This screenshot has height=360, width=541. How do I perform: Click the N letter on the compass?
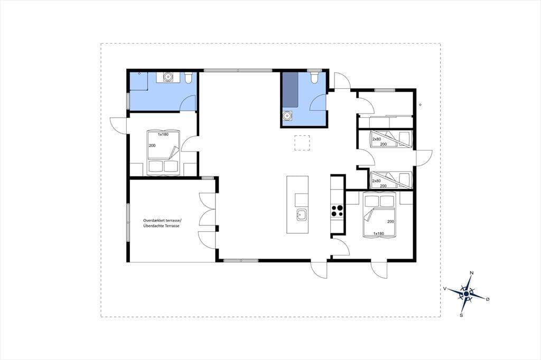pos(472,273)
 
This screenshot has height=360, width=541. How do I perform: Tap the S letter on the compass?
pos(461,315)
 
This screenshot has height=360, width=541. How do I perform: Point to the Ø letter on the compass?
pos(488,299)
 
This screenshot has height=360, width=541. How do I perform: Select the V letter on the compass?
pos(445,289)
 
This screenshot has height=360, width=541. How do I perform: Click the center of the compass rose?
pos(466,294)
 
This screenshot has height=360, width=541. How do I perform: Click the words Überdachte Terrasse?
pos(161,226)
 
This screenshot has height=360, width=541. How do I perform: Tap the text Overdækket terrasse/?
pos(162,220)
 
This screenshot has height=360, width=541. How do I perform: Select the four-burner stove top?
pos(337,211)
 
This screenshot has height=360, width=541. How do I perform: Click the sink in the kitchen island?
pos(301,215)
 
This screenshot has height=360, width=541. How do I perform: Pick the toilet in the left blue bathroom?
pos(189,78)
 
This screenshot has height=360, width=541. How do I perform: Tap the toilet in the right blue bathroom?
pos(314,78)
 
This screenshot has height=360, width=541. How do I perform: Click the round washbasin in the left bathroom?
pos(168,77)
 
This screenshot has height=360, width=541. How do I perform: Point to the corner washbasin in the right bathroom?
pos(287,116)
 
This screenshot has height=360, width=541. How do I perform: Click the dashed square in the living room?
pos(302,143)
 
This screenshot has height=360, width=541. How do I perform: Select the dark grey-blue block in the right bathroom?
pos(290,89)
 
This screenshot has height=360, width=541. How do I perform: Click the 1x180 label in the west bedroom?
pos(163,134)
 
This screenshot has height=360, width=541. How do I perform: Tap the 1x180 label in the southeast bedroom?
pos(378,233)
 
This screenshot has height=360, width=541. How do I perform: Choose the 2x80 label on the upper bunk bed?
pos(376,139)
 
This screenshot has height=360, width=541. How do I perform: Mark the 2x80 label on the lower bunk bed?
pos(376,181)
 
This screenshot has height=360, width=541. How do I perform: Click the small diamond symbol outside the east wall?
pos(420,105)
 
